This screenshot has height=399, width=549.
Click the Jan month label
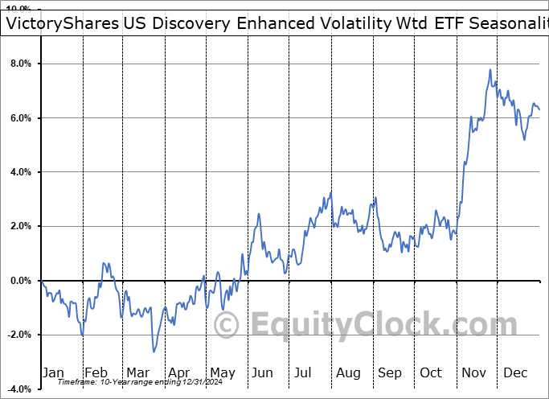tap(53, 372)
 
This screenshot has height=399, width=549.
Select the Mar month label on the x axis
tap(137, 372)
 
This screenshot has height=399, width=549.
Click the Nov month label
tap(474, 372)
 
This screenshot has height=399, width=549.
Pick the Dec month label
tap(515, 372)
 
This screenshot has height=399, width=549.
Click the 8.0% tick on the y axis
tap(20, 64)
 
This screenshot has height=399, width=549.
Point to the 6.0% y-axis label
tap(20, 118)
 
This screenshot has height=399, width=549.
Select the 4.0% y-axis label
tap(20, 172)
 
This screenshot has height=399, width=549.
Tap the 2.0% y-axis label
tap(20, 227)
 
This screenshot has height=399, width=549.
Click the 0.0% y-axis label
tap(20, 281)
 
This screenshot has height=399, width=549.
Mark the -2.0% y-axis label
tap(18, 335)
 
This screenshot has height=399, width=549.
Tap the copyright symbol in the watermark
tap(227, 326)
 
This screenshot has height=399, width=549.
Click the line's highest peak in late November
tap(490, 70)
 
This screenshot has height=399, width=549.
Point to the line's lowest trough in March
tap(154, 352)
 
